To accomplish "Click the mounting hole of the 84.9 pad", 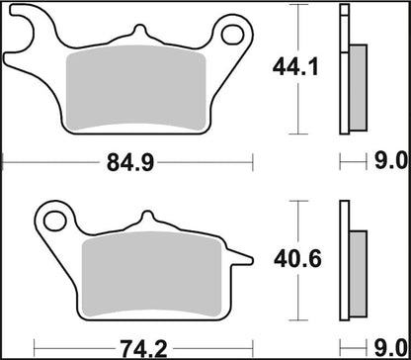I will pyautogui.click(x=233, y=37).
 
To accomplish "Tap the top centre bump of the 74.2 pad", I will pyautogui.click(x=146, y=218).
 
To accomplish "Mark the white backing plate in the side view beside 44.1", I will pyautogui.click(x=344, y=69).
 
